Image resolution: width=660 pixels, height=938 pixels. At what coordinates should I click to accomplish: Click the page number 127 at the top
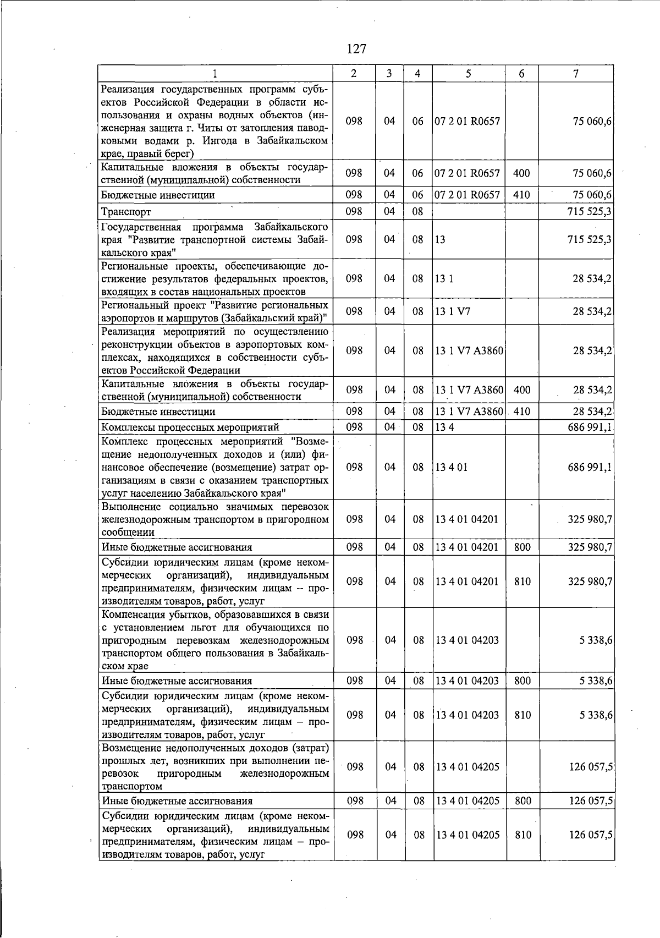tap(356, 49)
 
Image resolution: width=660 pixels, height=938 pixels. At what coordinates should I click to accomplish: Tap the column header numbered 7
tap(575, 74)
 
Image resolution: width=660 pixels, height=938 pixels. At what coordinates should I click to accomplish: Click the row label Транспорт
tap(126, 212)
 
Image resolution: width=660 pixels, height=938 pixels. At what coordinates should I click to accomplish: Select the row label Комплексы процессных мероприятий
tap(190, 427)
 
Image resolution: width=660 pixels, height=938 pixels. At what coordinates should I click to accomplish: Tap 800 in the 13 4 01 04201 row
tap(522, 547)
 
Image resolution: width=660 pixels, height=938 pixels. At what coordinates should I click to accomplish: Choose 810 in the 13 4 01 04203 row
tap(522, 715)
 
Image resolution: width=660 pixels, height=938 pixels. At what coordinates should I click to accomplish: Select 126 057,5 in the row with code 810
tap(591, 835)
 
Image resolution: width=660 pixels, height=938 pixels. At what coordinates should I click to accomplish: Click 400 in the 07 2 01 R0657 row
tap(521, 173)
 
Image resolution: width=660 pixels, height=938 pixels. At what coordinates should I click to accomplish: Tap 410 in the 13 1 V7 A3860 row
tap(521, 411)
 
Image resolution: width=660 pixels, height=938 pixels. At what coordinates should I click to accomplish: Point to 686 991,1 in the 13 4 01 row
tap(590, 467)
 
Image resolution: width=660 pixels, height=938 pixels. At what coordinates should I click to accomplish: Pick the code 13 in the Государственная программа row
tap(439, 239)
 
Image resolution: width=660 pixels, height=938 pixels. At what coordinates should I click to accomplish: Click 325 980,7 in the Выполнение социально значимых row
tap(590, 519)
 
